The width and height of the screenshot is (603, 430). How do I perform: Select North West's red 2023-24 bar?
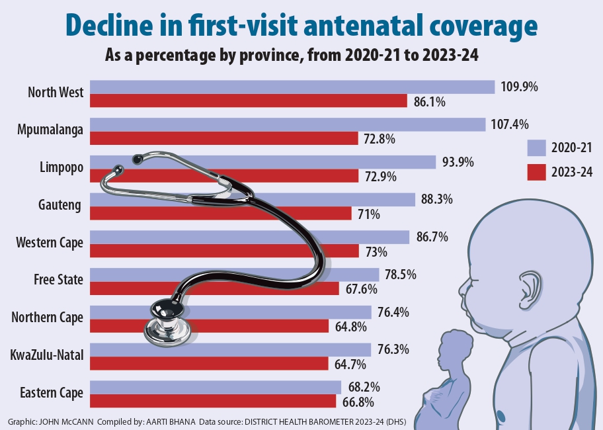(248, 101)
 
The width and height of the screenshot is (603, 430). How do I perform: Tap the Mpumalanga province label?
(50, 130)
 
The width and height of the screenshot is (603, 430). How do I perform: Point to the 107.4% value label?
(511, 124)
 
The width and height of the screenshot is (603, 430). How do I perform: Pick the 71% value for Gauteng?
(369, 214)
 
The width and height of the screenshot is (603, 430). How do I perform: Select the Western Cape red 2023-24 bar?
(224, 251)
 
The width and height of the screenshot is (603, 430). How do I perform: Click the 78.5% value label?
(400, 275)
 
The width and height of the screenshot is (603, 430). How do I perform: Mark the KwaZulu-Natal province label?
(47, 355)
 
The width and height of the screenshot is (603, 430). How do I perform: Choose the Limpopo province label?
(61, 167)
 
